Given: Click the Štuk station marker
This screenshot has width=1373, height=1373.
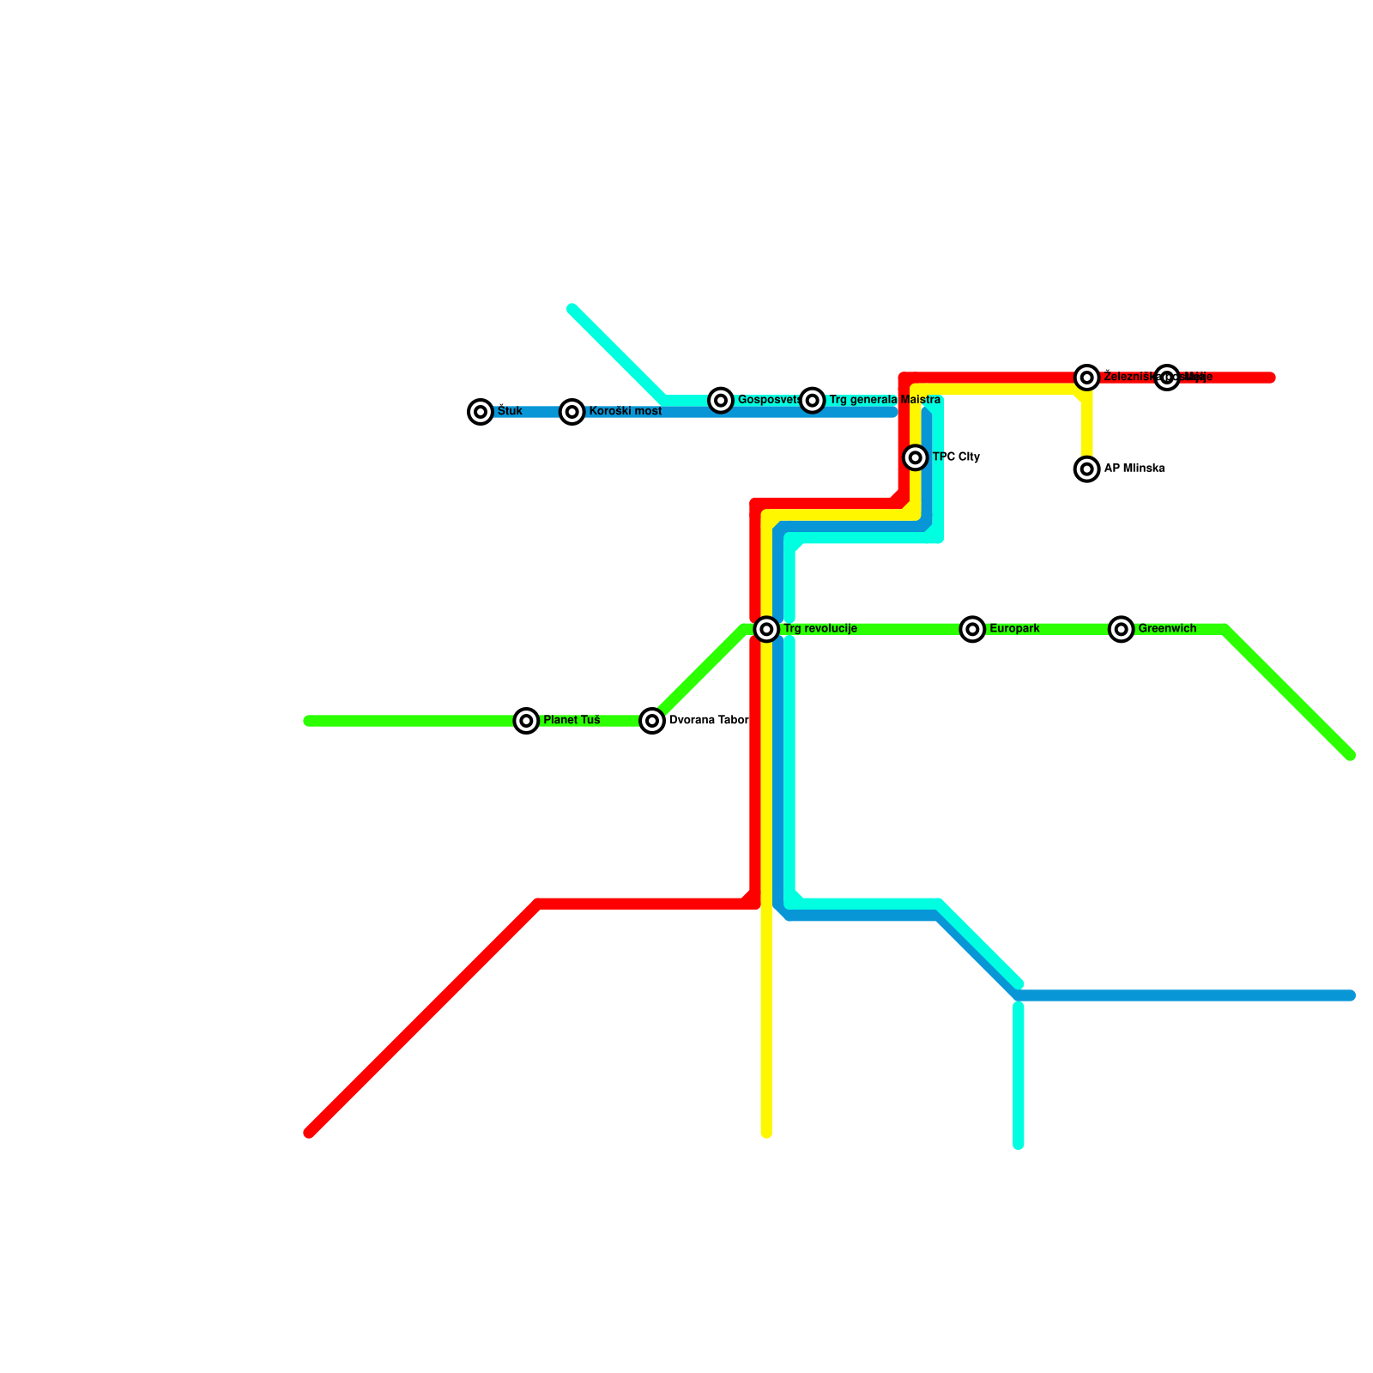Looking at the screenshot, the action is tap(481, 412).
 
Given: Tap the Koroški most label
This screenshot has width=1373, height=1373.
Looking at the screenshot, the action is tap(625, 412).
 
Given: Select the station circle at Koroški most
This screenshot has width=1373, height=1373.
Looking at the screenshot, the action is tap(572, 412).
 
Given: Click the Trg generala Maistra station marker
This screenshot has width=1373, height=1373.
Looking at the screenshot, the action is tap(813, 400).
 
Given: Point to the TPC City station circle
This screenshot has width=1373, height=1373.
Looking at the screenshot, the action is tap(916, 457).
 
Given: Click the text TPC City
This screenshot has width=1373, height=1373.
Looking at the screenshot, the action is tap(956, 457).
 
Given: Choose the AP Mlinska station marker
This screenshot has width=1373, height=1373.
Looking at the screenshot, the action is tap(1087, 469).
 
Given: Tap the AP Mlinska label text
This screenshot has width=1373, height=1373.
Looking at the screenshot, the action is tap(1134, 469).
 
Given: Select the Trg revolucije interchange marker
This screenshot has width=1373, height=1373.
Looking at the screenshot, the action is tap(767, 629).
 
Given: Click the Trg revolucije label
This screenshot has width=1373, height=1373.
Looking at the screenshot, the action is tap(820, 629).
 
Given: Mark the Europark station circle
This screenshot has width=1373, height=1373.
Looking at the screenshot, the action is tap(972, 629).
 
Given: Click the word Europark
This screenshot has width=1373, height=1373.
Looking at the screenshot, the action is tap(1014, 629).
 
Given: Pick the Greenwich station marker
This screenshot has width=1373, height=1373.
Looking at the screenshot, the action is tap(1122, 629).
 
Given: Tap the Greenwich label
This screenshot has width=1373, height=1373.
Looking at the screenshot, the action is tap(1167, 629).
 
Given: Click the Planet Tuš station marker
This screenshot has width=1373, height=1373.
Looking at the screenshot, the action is tap(527, 721).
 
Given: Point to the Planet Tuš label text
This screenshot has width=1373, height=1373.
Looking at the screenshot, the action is tap(572, 721).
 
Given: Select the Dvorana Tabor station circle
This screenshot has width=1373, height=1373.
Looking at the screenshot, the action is tap(653, 721).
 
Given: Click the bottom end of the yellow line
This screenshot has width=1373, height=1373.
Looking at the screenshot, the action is tap(766, 1134).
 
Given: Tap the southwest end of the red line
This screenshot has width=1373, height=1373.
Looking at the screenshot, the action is tap(310, 1133).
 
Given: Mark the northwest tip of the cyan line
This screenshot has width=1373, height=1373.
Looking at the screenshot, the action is tap(572, 309).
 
